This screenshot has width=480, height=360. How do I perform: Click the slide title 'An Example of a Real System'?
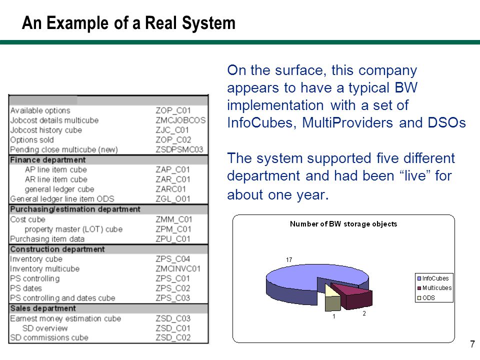[x=128, y=23]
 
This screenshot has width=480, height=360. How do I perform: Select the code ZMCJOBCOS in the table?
[x=180, y=120]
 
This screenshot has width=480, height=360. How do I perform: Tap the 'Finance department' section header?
[x=48, y=160]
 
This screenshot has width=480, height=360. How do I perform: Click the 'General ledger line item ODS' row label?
[x=62, y=199]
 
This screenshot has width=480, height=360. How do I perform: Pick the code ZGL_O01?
[x=173, y=199]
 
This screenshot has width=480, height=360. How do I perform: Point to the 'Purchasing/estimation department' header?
[x=75, y=209]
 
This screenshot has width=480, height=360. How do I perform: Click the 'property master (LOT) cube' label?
[x=73, y=229]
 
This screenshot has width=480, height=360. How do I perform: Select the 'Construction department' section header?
[x=57, y=249]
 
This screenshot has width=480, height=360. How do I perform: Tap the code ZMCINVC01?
[x=178, y=269]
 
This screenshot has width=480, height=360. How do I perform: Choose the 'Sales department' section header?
[x=43, y=308]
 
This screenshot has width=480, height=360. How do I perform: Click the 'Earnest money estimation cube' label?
[x=65, y=318]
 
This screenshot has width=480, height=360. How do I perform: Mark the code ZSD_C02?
[x=173, y=337]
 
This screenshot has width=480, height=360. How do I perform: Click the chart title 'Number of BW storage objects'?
[x=343, y=224]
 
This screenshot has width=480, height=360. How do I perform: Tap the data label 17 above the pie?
[x=289, y=260]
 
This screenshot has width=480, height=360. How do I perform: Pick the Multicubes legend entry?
[x=434, y=288]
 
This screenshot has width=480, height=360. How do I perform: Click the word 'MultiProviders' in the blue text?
[x=347, y=123]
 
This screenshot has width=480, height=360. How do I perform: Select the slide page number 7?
[x=472, y=344]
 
